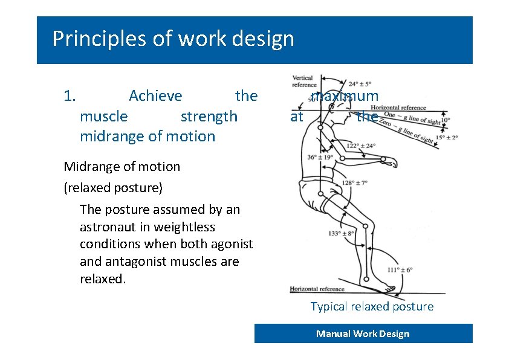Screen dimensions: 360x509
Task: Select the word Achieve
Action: tap(155, 96)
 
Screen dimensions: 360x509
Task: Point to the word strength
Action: tap(209, 116)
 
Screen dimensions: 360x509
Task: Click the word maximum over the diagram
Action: tap(345, 96)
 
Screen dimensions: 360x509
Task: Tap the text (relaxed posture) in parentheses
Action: tap(113, 187)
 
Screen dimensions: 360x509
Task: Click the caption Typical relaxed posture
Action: tap(372, 306)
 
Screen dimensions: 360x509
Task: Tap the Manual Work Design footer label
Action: tap(363, 334)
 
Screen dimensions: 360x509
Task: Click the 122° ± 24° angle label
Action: tap(361, 146)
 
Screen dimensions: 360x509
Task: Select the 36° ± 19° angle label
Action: tap(320, 158)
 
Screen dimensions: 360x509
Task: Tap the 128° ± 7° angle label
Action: tap(355, 182)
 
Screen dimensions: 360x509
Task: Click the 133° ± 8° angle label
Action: tap(341, 233)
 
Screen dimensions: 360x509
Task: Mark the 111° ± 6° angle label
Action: tap(400, 269)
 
